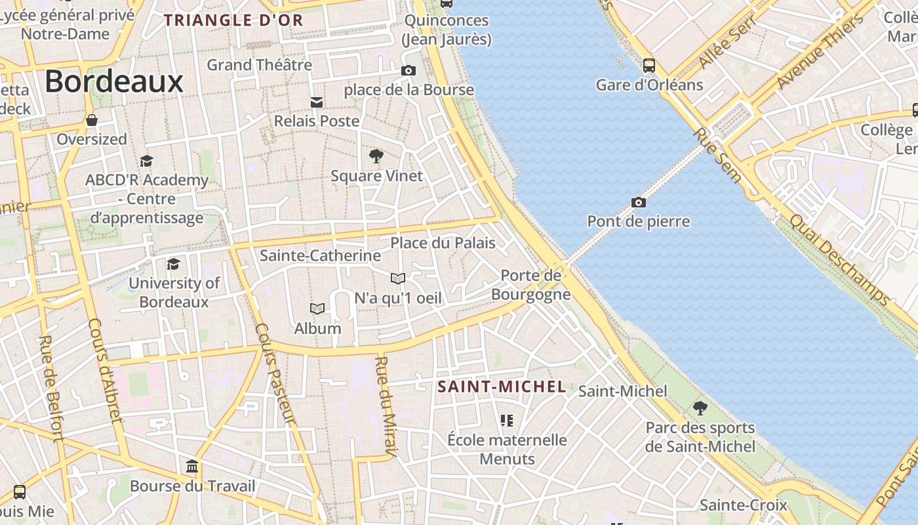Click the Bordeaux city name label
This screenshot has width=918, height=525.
coord(114,82)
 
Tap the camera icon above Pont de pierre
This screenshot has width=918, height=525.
coord(638,202)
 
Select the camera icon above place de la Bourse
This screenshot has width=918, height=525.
coord(408,70)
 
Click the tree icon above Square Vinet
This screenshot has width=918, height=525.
coord(376,156)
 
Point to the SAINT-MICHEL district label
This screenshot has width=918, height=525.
coord(502,387)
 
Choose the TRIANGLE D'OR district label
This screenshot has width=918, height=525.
coord(233,20)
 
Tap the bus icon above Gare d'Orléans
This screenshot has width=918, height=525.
coord(649,66)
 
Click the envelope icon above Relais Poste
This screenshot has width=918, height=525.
coord(317,102)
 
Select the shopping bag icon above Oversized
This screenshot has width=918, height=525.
coord(92,120)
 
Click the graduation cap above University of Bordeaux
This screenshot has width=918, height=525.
coord(173,264)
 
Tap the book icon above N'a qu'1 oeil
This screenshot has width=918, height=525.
coord(398,279)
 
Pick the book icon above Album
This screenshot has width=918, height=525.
coord(317,309)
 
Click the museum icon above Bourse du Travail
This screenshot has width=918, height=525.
coord(192,467)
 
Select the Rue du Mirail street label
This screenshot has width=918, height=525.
coord(386,406)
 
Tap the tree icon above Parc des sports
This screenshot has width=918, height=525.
coord(700,408)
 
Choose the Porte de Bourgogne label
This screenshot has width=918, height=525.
coord(531,285)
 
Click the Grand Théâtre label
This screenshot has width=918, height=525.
coord(260,65)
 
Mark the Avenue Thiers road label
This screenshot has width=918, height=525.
coord(820,52)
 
